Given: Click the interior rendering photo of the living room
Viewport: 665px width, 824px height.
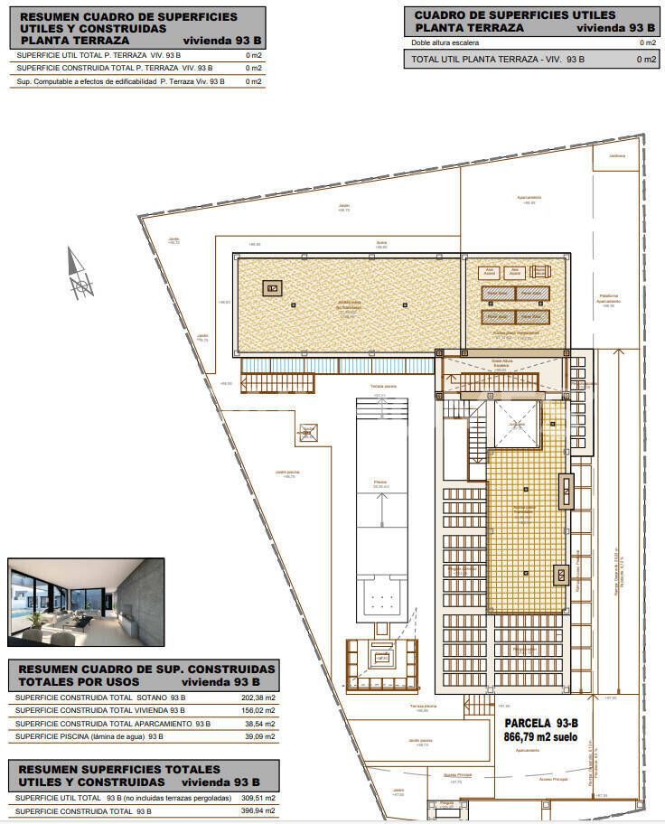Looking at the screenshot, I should click(x=86, y=602).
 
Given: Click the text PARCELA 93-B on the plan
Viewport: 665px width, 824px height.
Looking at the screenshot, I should click(x=540, y=723).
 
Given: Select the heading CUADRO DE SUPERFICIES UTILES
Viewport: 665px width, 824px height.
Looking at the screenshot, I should click(x=514, y=15).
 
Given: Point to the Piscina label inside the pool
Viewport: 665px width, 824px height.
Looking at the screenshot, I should click(x=381, y=482).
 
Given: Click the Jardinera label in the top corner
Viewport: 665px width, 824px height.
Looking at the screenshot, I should click(x=617, y=156).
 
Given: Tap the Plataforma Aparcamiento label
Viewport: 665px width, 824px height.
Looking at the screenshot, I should click(x=607, y=302).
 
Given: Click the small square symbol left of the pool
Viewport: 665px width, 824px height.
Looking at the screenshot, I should click(x=309, y=434).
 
